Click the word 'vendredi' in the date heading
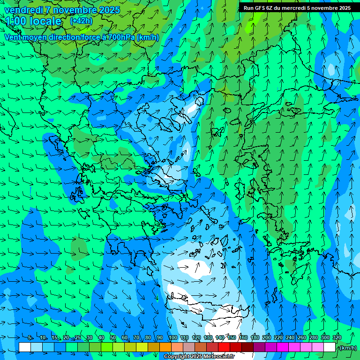(23, 10)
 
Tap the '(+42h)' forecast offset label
(81, 21)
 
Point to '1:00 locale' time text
(33, 21)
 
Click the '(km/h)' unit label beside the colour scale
(347, 348)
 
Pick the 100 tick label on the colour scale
(173, 338)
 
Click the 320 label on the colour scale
(337, 338)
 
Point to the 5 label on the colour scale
(30, 338)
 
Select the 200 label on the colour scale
(267, 338)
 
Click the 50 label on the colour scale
(113, 338)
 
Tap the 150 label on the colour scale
(232, 338)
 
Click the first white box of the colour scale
(25, 347)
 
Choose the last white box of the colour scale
(330, 347)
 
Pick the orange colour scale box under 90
(165, 347)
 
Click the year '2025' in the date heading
(107, 10)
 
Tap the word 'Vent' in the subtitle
(13, 37)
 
